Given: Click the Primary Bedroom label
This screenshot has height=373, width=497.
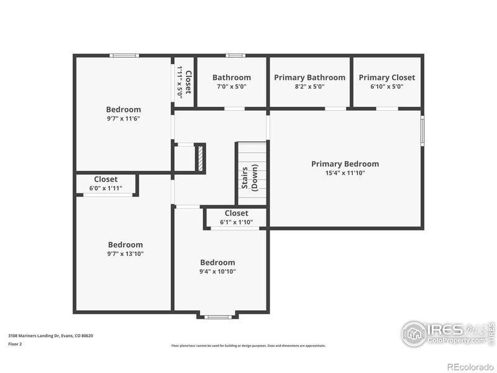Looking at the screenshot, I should click(345, 164).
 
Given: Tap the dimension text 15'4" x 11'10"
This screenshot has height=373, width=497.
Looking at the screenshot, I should click(345, 173).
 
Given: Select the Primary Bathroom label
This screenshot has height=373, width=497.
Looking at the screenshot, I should click(309, 78).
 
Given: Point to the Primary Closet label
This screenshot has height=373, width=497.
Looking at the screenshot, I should click(387, 78).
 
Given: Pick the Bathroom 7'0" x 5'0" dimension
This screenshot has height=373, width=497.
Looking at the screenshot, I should click(232, 87).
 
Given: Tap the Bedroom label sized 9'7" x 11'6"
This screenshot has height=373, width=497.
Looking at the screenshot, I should click(123, 109).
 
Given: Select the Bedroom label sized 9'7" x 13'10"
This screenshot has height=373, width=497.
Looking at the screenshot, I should click(125, 245).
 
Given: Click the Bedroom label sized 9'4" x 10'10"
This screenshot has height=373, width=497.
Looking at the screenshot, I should click(217, 262).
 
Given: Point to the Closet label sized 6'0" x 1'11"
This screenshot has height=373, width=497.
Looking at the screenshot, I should click(106, 179).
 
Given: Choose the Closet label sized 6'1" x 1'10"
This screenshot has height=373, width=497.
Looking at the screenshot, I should click(236, 213).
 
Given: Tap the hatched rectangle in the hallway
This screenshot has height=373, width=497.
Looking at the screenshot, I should click(200, 158).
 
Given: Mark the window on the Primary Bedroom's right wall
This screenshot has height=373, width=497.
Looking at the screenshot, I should click(422, 131).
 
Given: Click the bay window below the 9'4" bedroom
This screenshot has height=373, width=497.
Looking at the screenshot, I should click(217, 316).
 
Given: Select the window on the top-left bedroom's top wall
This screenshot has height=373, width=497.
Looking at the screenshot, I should click(124, 55).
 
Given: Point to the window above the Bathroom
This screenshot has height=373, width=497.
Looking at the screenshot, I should click(235, 55).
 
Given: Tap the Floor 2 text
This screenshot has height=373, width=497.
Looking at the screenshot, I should click(15, 343).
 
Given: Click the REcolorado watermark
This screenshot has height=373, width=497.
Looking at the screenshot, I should click(470, 366).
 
